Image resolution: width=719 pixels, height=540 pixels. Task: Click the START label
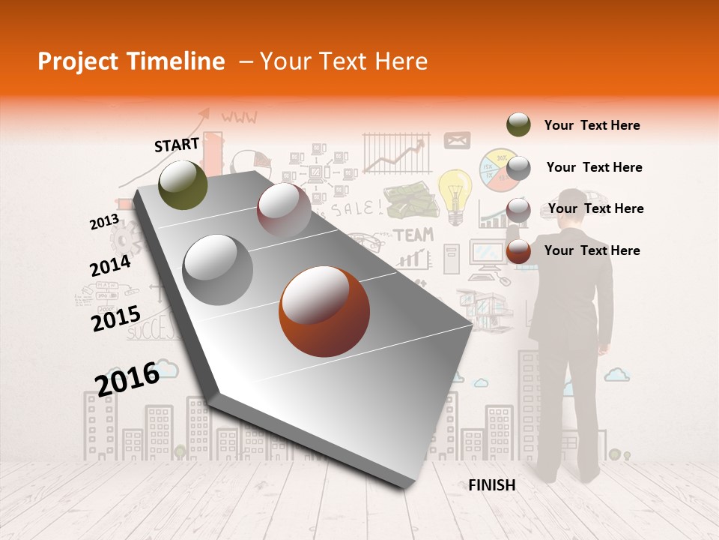click(177, 145)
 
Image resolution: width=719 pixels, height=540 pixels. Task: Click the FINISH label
click(492, 485)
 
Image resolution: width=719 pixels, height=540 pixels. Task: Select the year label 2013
click(104, 222)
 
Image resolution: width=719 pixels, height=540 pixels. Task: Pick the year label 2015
click(116, 318)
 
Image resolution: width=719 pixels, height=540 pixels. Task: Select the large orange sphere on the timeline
click(324, 311)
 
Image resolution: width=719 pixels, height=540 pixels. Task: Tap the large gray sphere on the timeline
click(218, 269)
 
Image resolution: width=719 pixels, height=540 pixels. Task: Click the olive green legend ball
click(518, 124)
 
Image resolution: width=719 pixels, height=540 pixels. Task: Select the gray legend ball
click(518, 167)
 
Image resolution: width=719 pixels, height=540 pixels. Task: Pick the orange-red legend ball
click(518, 251)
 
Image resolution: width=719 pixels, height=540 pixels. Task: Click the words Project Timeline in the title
click(131, 61)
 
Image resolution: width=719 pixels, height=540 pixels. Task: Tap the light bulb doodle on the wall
click(455, 193)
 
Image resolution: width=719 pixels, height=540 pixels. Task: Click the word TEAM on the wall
click(414, 235)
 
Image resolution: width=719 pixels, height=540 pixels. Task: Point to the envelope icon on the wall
click(457, 140)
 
